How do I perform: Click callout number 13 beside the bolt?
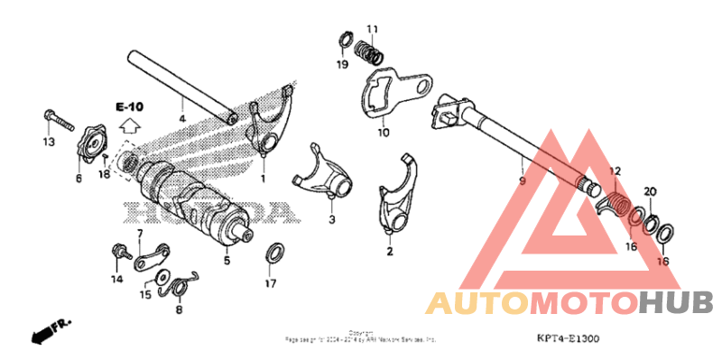[48, 143]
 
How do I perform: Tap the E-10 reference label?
[129, 106]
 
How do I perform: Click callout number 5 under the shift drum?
[227, 262]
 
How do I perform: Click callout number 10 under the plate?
[383, 133]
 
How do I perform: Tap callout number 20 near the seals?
[650, 192]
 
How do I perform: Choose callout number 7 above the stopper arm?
[140, 235]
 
